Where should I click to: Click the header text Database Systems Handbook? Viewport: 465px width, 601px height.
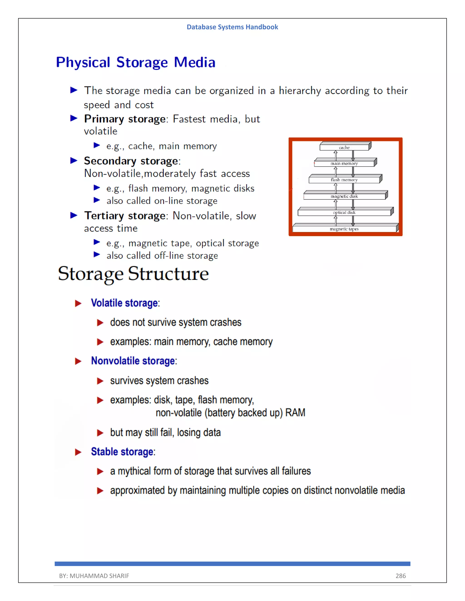tap(232, 27)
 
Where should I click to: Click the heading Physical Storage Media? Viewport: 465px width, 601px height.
tap(136, 62)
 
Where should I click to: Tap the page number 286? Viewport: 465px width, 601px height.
tap(400, 576)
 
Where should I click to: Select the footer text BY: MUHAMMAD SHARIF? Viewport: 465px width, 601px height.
tap(94, 576)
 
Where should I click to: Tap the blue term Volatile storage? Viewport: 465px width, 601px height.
tap(124, 303)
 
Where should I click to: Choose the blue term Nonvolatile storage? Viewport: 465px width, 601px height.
tap(133, 361)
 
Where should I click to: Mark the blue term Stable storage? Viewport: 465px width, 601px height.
tap(122, 452)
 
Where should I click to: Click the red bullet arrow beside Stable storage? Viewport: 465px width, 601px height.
tap(78, 452)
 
